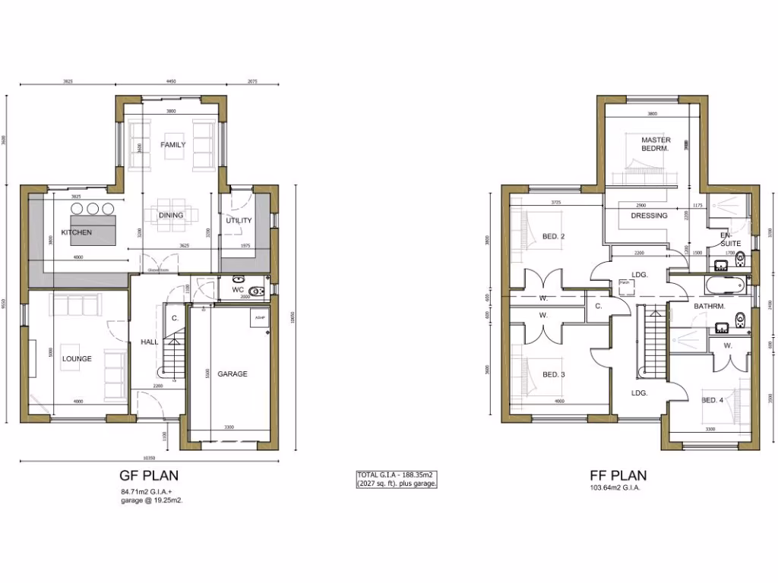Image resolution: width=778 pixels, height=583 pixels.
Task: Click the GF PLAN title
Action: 149,477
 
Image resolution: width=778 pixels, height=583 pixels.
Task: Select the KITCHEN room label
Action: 77,232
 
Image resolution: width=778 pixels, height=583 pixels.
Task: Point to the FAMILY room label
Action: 173,144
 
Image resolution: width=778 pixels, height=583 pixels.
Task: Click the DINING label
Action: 171,215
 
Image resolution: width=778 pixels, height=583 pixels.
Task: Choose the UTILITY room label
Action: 238,221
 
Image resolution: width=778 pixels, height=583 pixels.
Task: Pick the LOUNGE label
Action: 77,359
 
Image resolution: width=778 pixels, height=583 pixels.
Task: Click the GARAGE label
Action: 232,373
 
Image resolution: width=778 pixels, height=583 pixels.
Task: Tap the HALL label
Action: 150,342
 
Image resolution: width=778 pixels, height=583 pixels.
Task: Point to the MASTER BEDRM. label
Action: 655,144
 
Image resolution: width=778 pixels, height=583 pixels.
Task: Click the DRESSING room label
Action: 649,216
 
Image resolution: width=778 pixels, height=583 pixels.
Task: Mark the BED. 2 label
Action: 553,236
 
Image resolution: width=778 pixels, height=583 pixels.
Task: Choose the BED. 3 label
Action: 553,374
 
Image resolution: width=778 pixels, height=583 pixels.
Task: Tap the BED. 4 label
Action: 712,400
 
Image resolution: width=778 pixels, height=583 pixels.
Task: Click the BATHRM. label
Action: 709,306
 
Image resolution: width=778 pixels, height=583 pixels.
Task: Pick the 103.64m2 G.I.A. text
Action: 615,488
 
